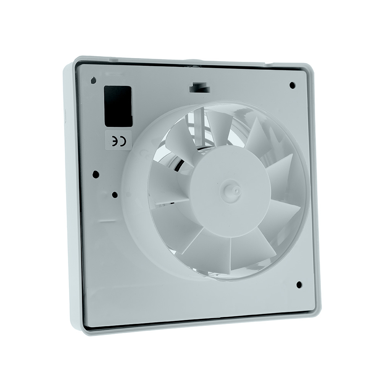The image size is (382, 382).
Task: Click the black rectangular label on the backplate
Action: point(118,106)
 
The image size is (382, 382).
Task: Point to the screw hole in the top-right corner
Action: point(292,85)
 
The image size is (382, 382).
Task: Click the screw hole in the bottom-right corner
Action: point(299,285)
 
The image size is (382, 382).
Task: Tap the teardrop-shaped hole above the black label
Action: point(93,80)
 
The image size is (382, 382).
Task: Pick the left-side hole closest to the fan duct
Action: point(115,195)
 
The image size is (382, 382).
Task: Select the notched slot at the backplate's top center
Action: point(199,88)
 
